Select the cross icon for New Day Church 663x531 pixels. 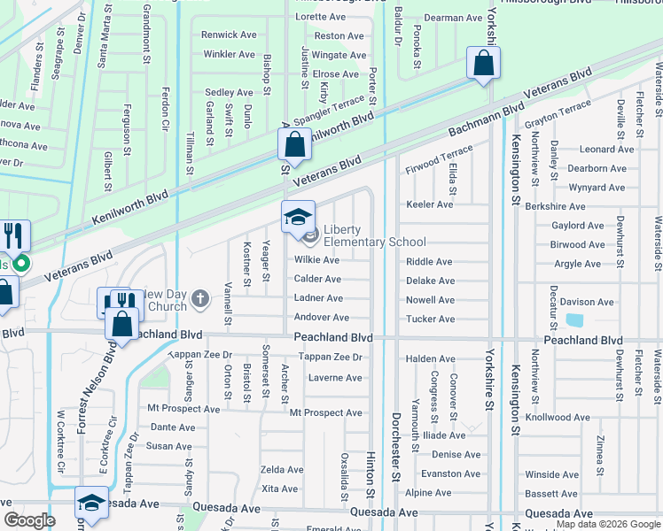tap(200, 298)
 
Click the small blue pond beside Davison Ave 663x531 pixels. tap(573, 320)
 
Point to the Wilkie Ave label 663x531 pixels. tap(317, 260)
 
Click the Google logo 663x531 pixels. tap(29, 520)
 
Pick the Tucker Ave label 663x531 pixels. tap(430, 319)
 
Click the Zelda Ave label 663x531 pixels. tap(283, 470)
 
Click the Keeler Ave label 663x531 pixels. tap(429, 204)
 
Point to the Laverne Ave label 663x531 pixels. tap(335, 378)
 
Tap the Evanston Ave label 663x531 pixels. tap(450, 473)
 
